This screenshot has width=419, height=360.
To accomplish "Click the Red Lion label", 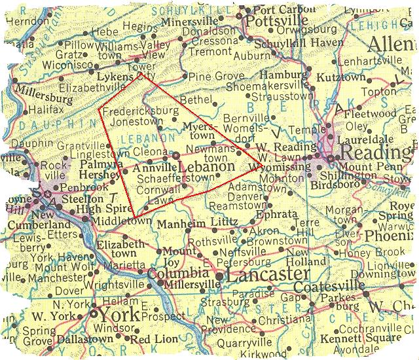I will tap(155, 339).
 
